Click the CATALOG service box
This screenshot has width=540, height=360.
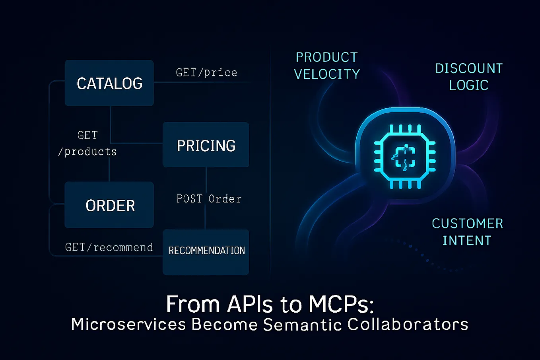109,83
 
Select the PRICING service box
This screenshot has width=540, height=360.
206,145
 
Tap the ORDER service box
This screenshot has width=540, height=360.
109,205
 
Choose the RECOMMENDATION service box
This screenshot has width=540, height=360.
206,251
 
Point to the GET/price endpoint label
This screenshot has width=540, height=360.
206,72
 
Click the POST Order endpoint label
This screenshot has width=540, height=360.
209,198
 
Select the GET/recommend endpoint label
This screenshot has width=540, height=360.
109,247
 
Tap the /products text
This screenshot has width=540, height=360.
87,152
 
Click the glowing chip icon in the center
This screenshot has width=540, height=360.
405,156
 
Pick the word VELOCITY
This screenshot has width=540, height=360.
327,74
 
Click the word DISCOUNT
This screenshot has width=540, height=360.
469,68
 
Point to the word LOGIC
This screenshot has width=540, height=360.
468,85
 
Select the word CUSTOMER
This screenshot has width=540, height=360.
467,224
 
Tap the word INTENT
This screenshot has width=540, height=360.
467,241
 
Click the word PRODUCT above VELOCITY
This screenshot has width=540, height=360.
327,57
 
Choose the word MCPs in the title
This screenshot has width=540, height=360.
341,305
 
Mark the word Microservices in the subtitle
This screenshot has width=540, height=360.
128,325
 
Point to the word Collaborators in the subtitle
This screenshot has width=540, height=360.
408,325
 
